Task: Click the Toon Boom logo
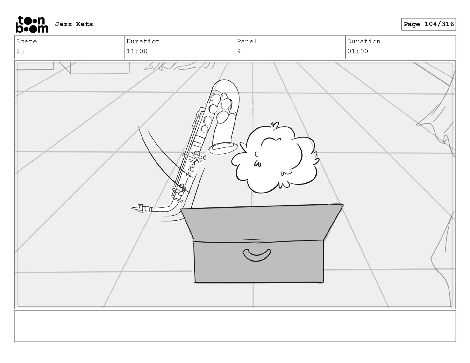[x=31, y=24]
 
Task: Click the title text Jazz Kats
[x=74, y=24]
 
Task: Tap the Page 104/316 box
[x=428, y=24]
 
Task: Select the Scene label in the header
[x=26, y=42]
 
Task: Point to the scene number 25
[x=20, y=51]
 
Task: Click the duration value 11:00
[x=137, y=51]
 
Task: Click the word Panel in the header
[x=247, y=42]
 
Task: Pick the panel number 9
[x=239, y=51]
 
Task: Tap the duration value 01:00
[x=358, y=51]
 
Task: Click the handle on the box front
[x=257, y=255]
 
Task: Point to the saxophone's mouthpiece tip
[x=134, y=209]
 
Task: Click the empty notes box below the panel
[x=235, y=326]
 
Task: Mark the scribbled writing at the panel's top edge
[x=178, y=66]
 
